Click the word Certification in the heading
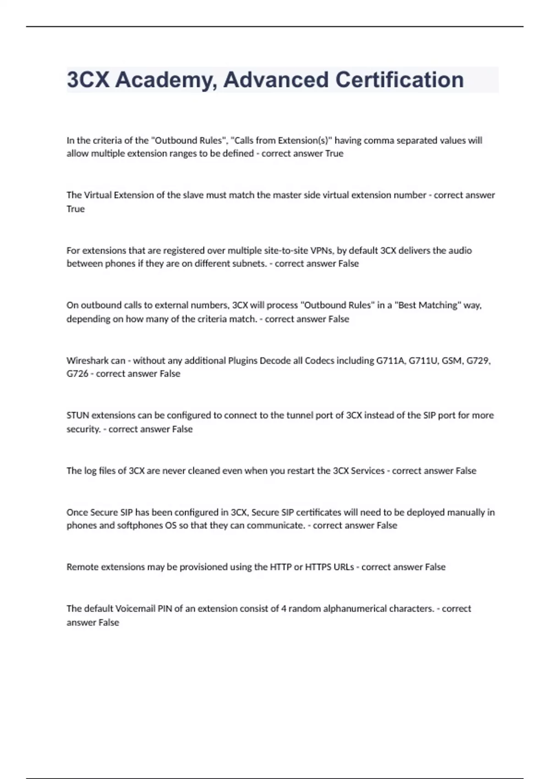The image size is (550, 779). point(399,80)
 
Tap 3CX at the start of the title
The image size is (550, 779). point(88,80)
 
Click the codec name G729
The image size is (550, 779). point(478,361)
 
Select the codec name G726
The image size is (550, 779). point(77,374)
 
